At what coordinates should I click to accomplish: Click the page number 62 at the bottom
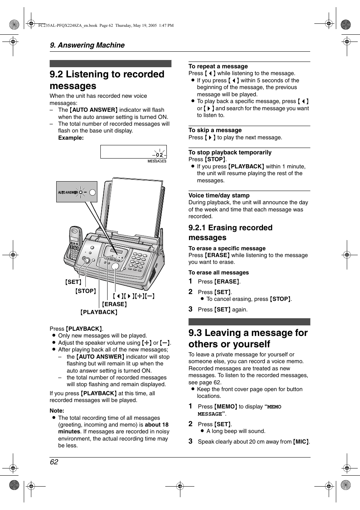click(54, 462)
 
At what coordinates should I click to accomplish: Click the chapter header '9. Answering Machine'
click(87, 45)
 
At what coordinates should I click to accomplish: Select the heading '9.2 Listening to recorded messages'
click(107, 80)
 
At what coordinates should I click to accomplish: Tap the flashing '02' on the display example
click(160, 155)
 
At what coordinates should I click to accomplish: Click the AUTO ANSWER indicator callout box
click(77, 192)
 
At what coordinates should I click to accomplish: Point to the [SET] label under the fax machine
click(73, 282)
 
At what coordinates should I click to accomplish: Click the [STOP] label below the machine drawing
click(86, 291)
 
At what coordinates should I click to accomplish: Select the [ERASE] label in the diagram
click(114, 304)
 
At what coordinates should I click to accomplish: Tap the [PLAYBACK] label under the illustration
click(99, 312)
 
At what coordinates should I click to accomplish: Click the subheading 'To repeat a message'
click(218, 66)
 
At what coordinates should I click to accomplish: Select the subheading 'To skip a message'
click(215, 130)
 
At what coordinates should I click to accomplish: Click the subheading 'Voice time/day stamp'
click(219, 196)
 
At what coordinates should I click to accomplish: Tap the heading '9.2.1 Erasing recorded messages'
click(230, 233)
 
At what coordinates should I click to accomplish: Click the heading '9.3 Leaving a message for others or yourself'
click(248, 338)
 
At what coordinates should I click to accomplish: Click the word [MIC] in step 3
click(301, 442)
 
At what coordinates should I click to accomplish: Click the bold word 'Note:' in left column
click(57, 411)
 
